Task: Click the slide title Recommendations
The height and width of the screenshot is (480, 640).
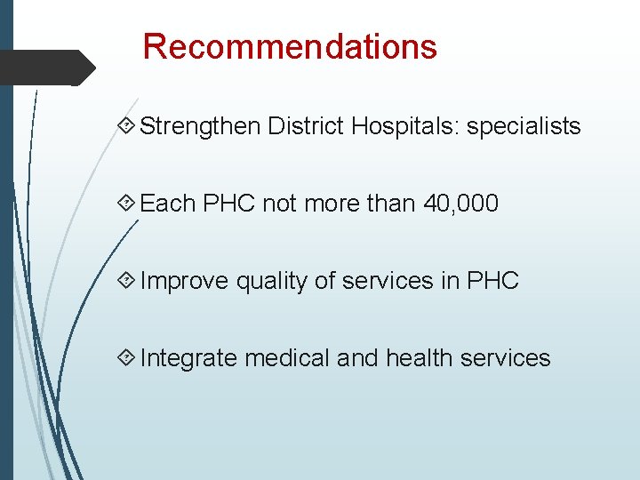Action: coord(290,46)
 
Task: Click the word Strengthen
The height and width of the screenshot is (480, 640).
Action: coord(199,126)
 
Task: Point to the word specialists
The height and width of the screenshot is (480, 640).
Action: coord(524,126)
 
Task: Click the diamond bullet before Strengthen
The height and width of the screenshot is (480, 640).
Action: coord(127,126)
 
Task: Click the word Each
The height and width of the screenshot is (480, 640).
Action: coord(168,204)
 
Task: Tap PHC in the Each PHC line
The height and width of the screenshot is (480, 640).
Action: coord(229,204)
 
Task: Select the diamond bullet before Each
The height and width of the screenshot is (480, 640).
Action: coord(127,204)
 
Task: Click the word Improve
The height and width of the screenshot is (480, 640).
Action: coord(184,281)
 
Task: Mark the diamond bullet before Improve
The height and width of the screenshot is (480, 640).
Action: coord(127,281)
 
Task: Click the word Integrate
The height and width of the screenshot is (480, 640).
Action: coord(188,358)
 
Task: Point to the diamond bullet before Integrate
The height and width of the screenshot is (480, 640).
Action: coord(127,358)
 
